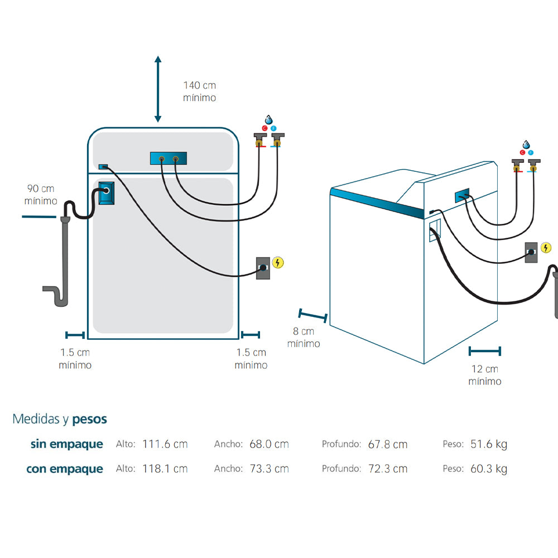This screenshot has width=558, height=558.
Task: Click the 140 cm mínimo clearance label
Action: (199, 92)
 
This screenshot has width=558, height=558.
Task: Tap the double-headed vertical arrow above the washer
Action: (158, 89)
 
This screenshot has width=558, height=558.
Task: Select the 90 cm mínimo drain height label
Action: (41, 195)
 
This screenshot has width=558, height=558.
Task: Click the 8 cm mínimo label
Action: (304, 337)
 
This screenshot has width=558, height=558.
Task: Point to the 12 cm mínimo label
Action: (484, 375)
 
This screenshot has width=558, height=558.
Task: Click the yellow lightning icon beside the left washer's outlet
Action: (277, 262)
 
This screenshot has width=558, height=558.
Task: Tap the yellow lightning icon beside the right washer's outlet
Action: (546, 248)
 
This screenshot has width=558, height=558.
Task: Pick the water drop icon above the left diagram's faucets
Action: (269, 120)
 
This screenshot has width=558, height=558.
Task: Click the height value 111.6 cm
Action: (165, 444)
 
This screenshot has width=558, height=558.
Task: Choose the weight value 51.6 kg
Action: (488, 444)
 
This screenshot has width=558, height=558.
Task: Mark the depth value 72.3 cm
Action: (387, 469)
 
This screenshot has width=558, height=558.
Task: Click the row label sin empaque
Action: (67, 444)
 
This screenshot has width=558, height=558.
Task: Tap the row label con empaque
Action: (65, 469)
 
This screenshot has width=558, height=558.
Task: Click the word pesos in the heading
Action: (89, 419)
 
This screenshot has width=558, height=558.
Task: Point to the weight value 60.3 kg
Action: (488, 469)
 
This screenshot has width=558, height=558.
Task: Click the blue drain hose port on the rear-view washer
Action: (107, 193)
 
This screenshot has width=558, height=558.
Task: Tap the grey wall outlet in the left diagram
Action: (263, 268)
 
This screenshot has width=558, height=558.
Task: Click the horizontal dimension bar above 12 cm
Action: (484, 351)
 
